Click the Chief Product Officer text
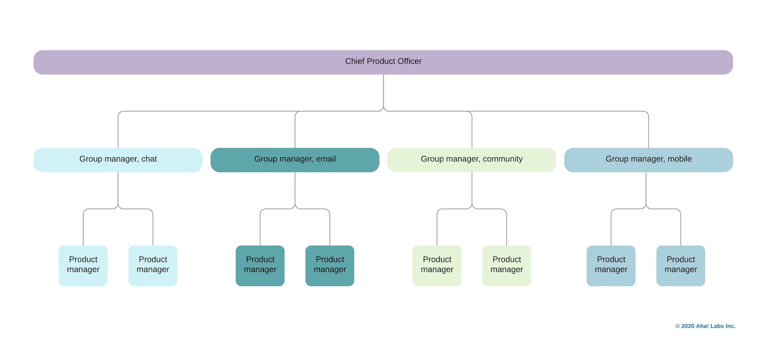tap(383, 61)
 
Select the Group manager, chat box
tap(118, 160)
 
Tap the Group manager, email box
tap(295, 160)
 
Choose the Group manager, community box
tap(472, 160)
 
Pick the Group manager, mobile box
tap(648, 160)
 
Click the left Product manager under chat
tap(83, 265)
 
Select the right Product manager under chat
tap(153, 265)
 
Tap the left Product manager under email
tap(260, 265)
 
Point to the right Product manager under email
tap(330, 265)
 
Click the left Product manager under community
tap(437, 265)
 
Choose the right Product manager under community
tap(506, 265)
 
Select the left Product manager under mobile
tap(611, 265)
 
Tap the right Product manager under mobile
tap(681, 265)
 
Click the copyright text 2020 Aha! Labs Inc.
tap(705, 326)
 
